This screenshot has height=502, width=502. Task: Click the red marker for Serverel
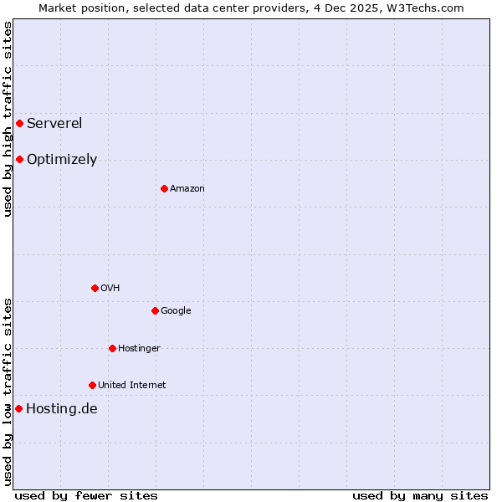(x=19, y=124)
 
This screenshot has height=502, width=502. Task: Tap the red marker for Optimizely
(x=19, y=159)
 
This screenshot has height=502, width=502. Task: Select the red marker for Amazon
(x=164, y=188)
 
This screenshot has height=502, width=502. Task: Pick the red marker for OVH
(x=95, y=288)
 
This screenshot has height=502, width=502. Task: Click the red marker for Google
(x=155, y=310)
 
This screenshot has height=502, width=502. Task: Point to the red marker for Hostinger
(x=112, y=348)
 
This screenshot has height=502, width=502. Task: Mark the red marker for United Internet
(x=92, y=385)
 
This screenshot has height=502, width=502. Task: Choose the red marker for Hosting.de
(x=18, y=408)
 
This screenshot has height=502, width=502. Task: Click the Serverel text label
(x=54, y=124)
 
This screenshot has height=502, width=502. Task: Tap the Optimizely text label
(x=62, y=160)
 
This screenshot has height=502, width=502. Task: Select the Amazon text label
(x=187, y=189)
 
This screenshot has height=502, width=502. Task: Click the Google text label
(x=176, y=311)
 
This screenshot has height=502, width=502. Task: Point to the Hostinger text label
(x=139, y=349)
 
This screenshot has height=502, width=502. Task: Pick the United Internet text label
(x=131, y=386)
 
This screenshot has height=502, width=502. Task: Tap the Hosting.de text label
(x=62, y=409)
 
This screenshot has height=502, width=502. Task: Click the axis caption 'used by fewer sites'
(x=86, y=495)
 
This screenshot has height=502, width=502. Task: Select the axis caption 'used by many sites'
(x=420, y=495)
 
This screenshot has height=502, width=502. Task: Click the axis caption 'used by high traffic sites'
(x=8, y=119)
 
